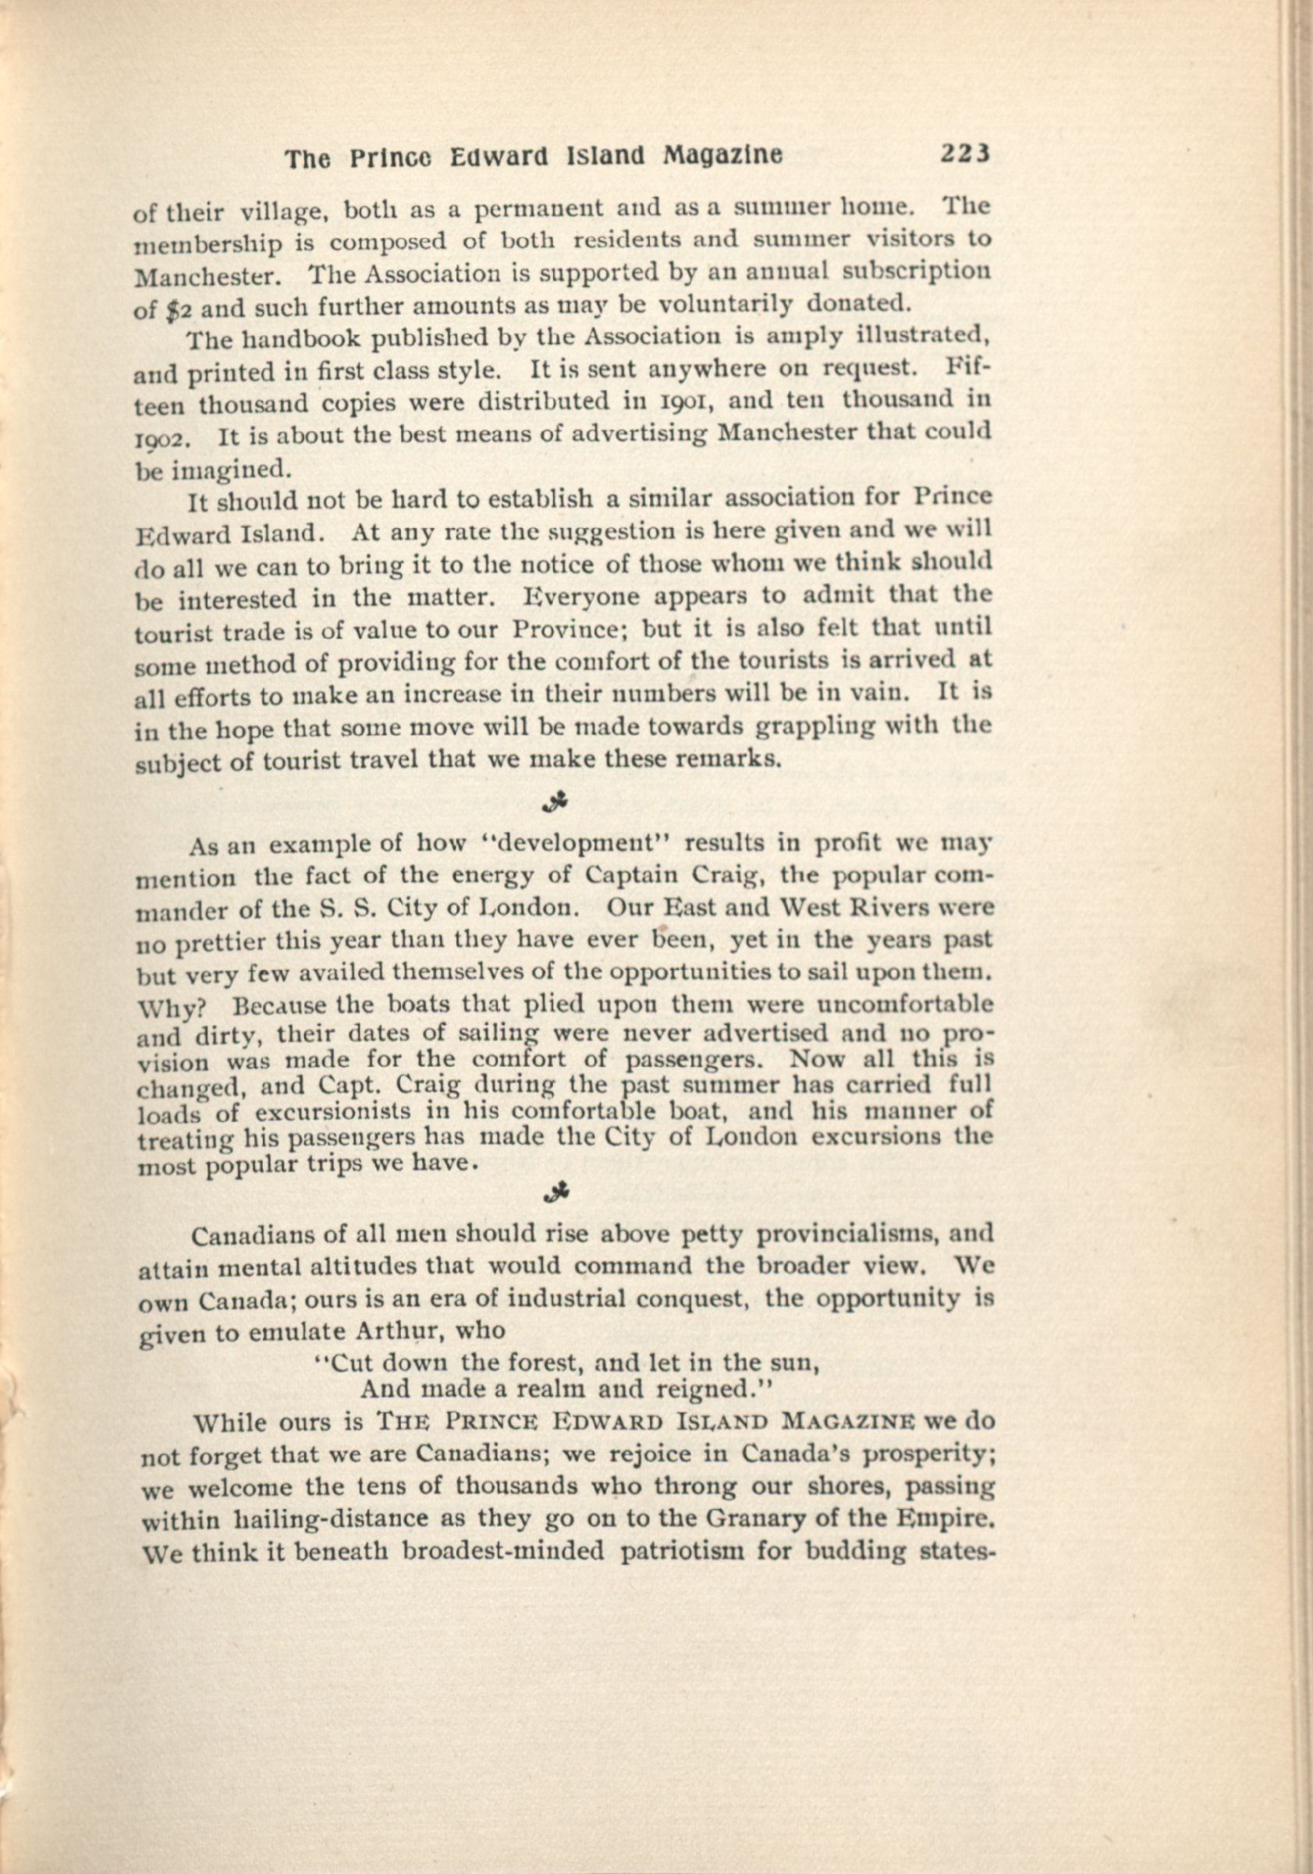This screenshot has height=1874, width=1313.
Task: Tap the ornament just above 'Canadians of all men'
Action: pyautogui.click(x=560, y=1192)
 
